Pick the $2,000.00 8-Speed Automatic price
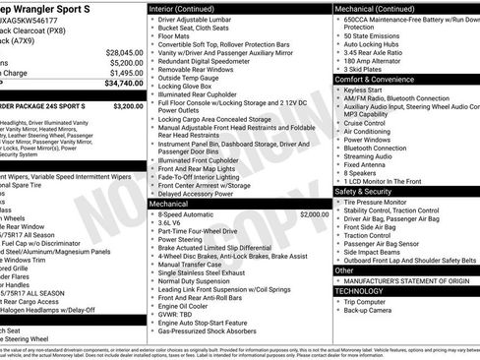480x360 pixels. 314,213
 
